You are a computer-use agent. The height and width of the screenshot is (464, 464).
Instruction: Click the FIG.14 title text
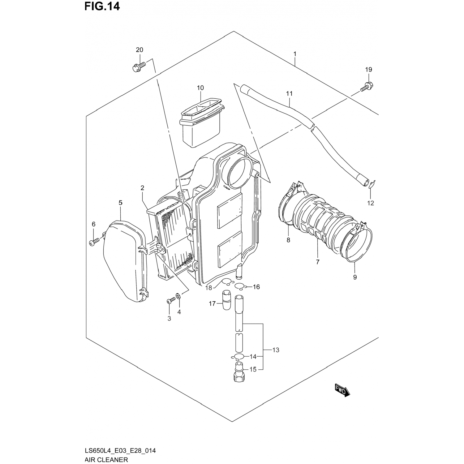click(102, 6)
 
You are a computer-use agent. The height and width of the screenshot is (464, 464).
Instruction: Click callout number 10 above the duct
click(200, 88)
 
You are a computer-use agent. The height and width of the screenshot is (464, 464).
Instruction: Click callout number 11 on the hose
click(289, 93)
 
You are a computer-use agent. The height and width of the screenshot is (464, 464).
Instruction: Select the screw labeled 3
click(170, 300)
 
